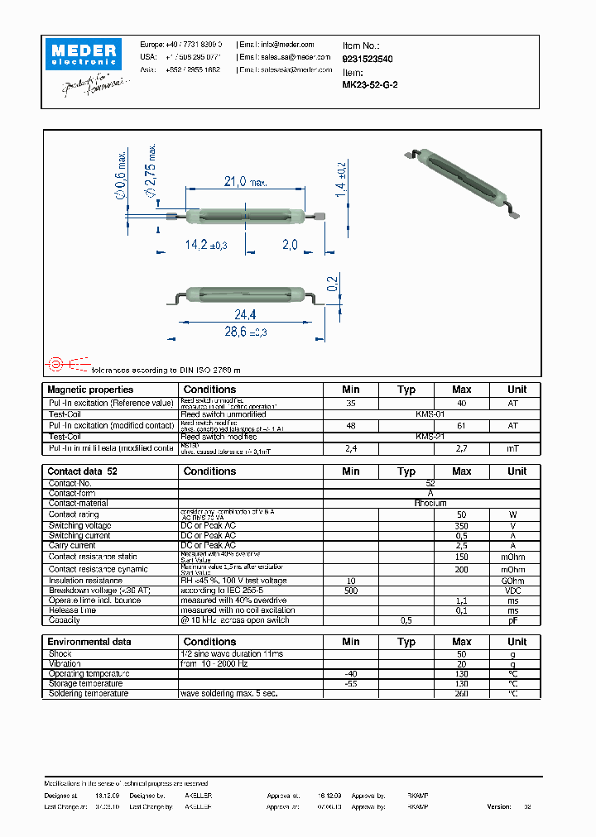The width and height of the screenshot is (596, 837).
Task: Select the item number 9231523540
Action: [368, 59]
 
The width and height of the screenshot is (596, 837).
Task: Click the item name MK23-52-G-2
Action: [370, 84]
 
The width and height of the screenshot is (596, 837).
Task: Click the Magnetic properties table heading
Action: [90, 390]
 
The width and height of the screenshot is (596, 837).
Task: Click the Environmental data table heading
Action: [89, 642]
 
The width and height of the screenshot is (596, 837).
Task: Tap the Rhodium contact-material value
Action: [430, 503]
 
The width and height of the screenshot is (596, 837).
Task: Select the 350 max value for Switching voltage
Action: [461, 525]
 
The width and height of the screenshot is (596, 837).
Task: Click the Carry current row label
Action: [72, 546]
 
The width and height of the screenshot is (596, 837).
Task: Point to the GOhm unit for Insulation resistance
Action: [513, 581]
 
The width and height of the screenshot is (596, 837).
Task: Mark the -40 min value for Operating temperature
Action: [351, 674]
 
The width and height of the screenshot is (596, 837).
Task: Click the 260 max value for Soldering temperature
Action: [461, 694]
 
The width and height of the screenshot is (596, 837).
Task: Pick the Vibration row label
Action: [65, 664]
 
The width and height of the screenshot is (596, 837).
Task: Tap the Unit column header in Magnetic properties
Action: [517, 390]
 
